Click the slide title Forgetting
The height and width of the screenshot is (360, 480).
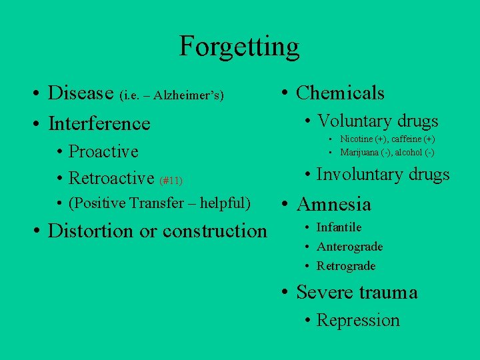pyautogui.click(x=239, y=47)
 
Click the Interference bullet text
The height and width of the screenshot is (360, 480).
pyautogui.click(x=99, y=123)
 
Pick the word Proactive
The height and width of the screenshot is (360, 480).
pyautogui.click(x=103, y=151)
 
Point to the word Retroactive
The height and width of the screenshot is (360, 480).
pyautogui.click(x=111, y=178)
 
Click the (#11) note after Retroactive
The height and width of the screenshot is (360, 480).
pyautogui.click(x=171, y=180)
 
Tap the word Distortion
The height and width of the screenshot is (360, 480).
pyautogui.click(x=91, y=231)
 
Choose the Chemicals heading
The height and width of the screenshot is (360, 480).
pyautogui.click(x=340, y=93)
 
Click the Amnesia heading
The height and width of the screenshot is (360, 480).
pyautogui.click(x=333, y=204)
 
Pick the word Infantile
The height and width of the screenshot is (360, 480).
pyautogui.click(x=339, y=227)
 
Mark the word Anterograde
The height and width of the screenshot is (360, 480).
pyautogui.click(x=349, y=247)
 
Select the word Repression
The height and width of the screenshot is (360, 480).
pyautogui.click(x=358, y=320)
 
